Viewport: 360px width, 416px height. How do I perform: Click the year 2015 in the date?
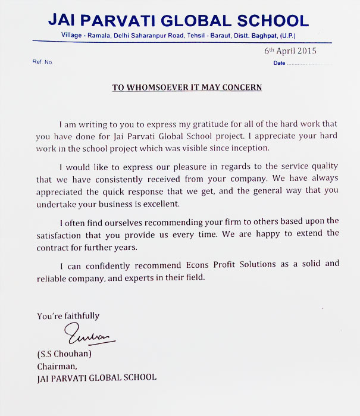tap(306, 51)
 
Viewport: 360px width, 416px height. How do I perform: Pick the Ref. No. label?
tap(43, 62)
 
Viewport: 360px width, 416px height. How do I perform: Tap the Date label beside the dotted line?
tap(279, 63)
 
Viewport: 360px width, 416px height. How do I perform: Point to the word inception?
tap(250, 148)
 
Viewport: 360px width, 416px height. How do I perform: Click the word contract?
tap(54, 246)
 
